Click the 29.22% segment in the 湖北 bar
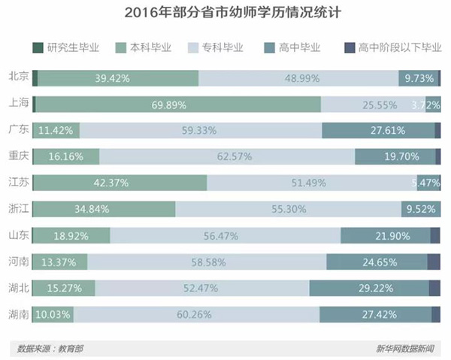368,289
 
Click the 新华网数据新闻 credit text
409,348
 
